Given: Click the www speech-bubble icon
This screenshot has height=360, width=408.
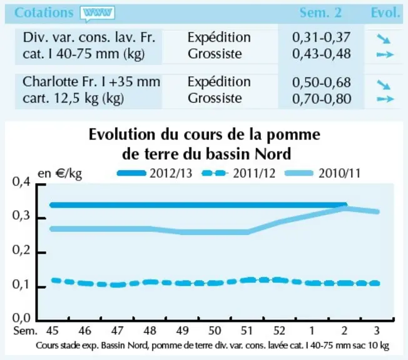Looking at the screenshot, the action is click(x=98, y=13).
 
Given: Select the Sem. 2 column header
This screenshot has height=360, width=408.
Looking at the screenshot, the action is click(x=320, y=12).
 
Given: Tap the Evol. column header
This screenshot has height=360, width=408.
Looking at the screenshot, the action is click(x=385, y=12).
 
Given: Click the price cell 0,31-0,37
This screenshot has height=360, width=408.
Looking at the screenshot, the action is click(x=322, y=37).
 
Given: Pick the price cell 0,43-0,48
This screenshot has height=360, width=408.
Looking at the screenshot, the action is click(x=322, y=54).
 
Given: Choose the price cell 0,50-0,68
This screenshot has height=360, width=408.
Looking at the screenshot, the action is click(x=322, y=82).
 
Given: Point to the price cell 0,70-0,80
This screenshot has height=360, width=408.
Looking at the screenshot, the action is click(x=322, y=99).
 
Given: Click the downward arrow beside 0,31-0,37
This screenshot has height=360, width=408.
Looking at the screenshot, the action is click(x=384, y=39).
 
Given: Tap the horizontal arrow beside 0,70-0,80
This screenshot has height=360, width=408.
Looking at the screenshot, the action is click(x=385, y=99).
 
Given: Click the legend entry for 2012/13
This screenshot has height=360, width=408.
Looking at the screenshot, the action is click(x=155, y=173).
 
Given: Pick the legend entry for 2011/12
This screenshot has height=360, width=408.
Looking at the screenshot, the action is click(x=238, y=173).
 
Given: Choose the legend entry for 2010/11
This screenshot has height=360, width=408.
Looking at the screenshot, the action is click(x=323, y=173).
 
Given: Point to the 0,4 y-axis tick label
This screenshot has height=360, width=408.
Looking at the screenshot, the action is click(x=21, y=182).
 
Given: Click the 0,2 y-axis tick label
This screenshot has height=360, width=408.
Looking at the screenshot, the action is click(x=21, y=250).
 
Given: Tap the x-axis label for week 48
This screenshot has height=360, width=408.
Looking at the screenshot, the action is click(x=150, y=331).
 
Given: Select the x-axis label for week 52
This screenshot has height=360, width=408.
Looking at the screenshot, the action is click(x=280, y=331).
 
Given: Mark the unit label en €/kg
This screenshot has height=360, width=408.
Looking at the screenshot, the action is click(x=60, y=174).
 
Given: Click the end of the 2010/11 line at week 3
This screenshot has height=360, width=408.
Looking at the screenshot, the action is click(x=377, y=212).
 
